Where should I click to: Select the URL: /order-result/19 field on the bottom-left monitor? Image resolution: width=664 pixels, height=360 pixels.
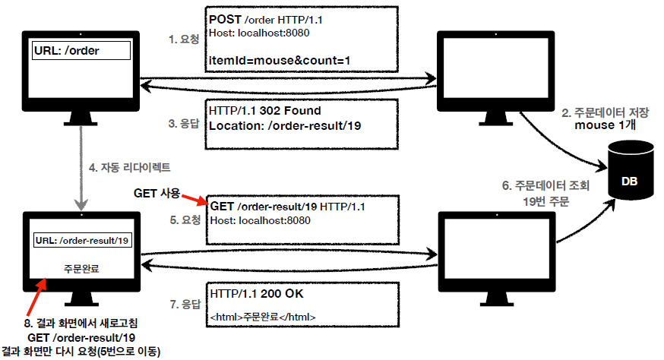point(83,241)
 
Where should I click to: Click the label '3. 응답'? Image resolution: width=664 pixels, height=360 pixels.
point(183,123)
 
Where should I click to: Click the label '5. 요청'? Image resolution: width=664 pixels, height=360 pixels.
point(183,221)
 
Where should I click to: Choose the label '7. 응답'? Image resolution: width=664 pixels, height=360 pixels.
point(183,303)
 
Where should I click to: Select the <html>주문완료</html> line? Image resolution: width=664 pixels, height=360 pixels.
point(263,316)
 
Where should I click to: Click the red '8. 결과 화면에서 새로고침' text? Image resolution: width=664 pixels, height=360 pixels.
point(81,322)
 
